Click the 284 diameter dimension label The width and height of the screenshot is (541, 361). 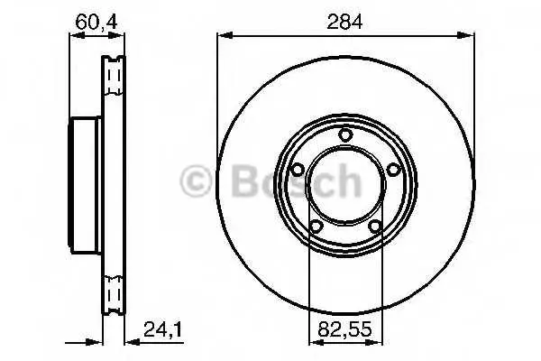(x=344, y=22)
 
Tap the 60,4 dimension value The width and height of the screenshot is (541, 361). (x=96, y=22)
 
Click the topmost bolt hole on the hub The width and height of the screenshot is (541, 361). (x=344, y=134)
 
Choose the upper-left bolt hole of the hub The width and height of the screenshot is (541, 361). (x=298, y=170)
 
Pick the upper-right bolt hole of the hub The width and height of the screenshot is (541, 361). (x=392, y=170)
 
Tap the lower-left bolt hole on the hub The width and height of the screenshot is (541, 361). (x=316, y=227)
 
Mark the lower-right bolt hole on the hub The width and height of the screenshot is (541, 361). (x=374, y=227)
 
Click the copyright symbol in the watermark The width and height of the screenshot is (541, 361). (x=196, y=180)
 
